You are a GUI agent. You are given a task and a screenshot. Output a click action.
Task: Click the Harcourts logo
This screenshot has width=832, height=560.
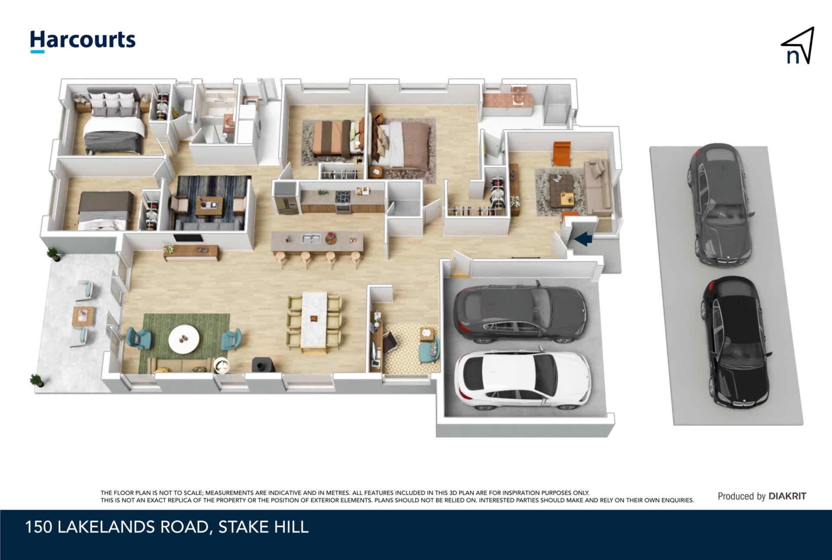pyautogui.click(x=83, y=41)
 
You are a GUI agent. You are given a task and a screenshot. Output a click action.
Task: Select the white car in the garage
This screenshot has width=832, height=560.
pyautogui.click(x=522, y=380)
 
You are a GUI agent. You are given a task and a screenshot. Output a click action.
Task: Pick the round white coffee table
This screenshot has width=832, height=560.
pyautogui.click(x=184, y=339)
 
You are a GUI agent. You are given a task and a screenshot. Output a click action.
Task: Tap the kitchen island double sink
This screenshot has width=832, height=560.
pyautogui.click(x=310, y=239)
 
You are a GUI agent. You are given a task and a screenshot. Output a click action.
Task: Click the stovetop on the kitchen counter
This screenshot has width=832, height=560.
pyautogui.click(x=342, y=197)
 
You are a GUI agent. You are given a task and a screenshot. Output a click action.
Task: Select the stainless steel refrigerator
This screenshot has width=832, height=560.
pyautogui.click(x=286, y=198)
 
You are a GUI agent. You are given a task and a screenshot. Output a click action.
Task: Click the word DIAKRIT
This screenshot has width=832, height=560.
pyautogui.click(x=787, y=496)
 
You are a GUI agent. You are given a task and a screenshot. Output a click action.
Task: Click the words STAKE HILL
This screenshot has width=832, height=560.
pyautogui.click(x=263, y=527)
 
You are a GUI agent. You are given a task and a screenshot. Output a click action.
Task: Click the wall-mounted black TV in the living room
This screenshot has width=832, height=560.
pyautogui.click(x=188, y=238)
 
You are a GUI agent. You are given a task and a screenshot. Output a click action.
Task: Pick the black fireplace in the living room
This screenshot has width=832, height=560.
pyautogui.click(x=263, y=364)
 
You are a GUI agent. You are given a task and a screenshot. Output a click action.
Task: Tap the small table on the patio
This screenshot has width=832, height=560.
pyautogui.click(x=84, y=315)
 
